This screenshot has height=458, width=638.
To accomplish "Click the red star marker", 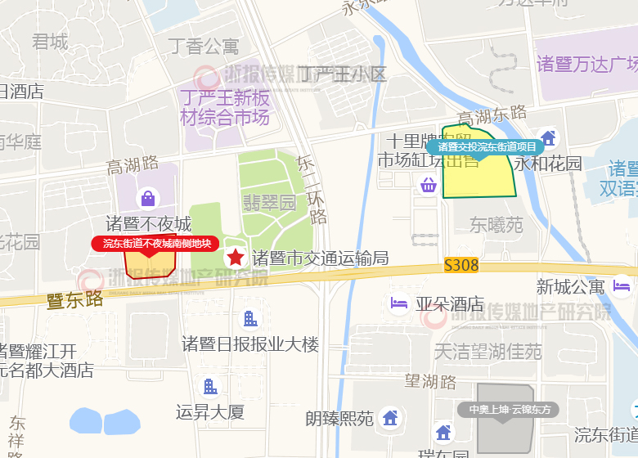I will pyautogui.click(x=236, y=258).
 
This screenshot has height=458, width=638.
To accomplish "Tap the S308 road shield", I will pyautogui.click(x=461, y=266).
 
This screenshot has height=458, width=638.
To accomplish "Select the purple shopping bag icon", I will pyautogui.click(x=148, y=198).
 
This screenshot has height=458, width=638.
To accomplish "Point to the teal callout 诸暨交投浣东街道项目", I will pyautogui.click(x=487, y=147).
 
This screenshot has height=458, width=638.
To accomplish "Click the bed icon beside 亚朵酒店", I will pyautogui.click(x=400, y=304).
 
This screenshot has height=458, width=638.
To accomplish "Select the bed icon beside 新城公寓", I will pyautogui.click(x=622, y=286).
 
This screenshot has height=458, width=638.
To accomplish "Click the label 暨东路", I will pyautogui.click(x=75, y=300).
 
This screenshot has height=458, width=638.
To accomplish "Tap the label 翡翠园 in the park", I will pyautogui.click(x=269, y=202).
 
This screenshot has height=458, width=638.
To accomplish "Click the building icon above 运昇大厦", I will pyautogui.click(x=210, y=386).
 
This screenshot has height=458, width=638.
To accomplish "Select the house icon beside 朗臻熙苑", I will pyautogui.click(x=390, y=418).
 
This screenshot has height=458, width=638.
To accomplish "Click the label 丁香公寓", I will pyautogui.click(x=204, y=46).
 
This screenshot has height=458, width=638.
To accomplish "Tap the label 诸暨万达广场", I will pyautogui.click(x=586, y=64).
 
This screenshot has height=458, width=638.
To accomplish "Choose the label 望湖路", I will pyautogui.click(x=431, y=380).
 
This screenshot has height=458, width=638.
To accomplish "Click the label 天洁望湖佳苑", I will pyautogui.click(x=487, y=352).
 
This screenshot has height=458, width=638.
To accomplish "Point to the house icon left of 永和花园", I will pyautogui.click(x=548, y=138).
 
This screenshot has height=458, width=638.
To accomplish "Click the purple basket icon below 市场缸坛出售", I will pyautogui.click(x=428, y=185).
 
